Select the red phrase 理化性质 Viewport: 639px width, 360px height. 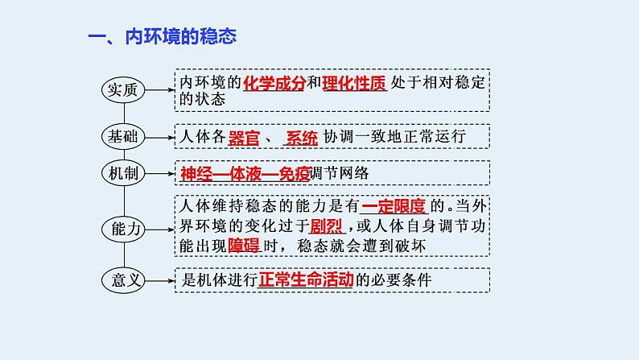pos(353,83)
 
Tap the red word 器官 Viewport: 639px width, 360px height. pos(245,136)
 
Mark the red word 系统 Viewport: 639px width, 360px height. pos(303,136)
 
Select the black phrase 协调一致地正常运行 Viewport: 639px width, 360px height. pos(394,136)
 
